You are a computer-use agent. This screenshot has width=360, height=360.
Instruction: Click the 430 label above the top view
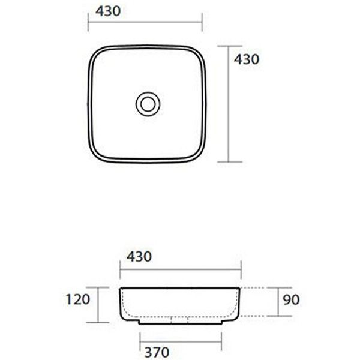pyautogui.click(x=108, y=11)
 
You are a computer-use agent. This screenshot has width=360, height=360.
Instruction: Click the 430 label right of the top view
pyautogui.click(x=247, y=59)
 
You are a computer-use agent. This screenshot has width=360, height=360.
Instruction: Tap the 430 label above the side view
pyautogui.click(x=139, y=256)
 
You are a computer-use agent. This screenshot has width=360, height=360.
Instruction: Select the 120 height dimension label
pyautogui.click(x=78, y=299)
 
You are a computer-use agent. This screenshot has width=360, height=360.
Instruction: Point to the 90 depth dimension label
pyautogui.click(x=291, y=299)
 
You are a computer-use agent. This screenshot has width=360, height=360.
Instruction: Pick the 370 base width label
pyautogui.click(x=157, y=352)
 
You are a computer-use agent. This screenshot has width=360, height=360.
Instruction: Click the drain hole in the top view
pyautogui.click(x=148, y=104)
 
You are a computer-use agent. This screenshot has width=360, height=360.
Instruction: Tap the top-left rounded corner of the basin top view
pyautogui.click(x=97, y=54)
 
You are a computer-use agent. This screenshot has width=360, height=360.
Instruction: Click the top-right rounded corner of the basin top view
pyautogui.click(x=198, y=54)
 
